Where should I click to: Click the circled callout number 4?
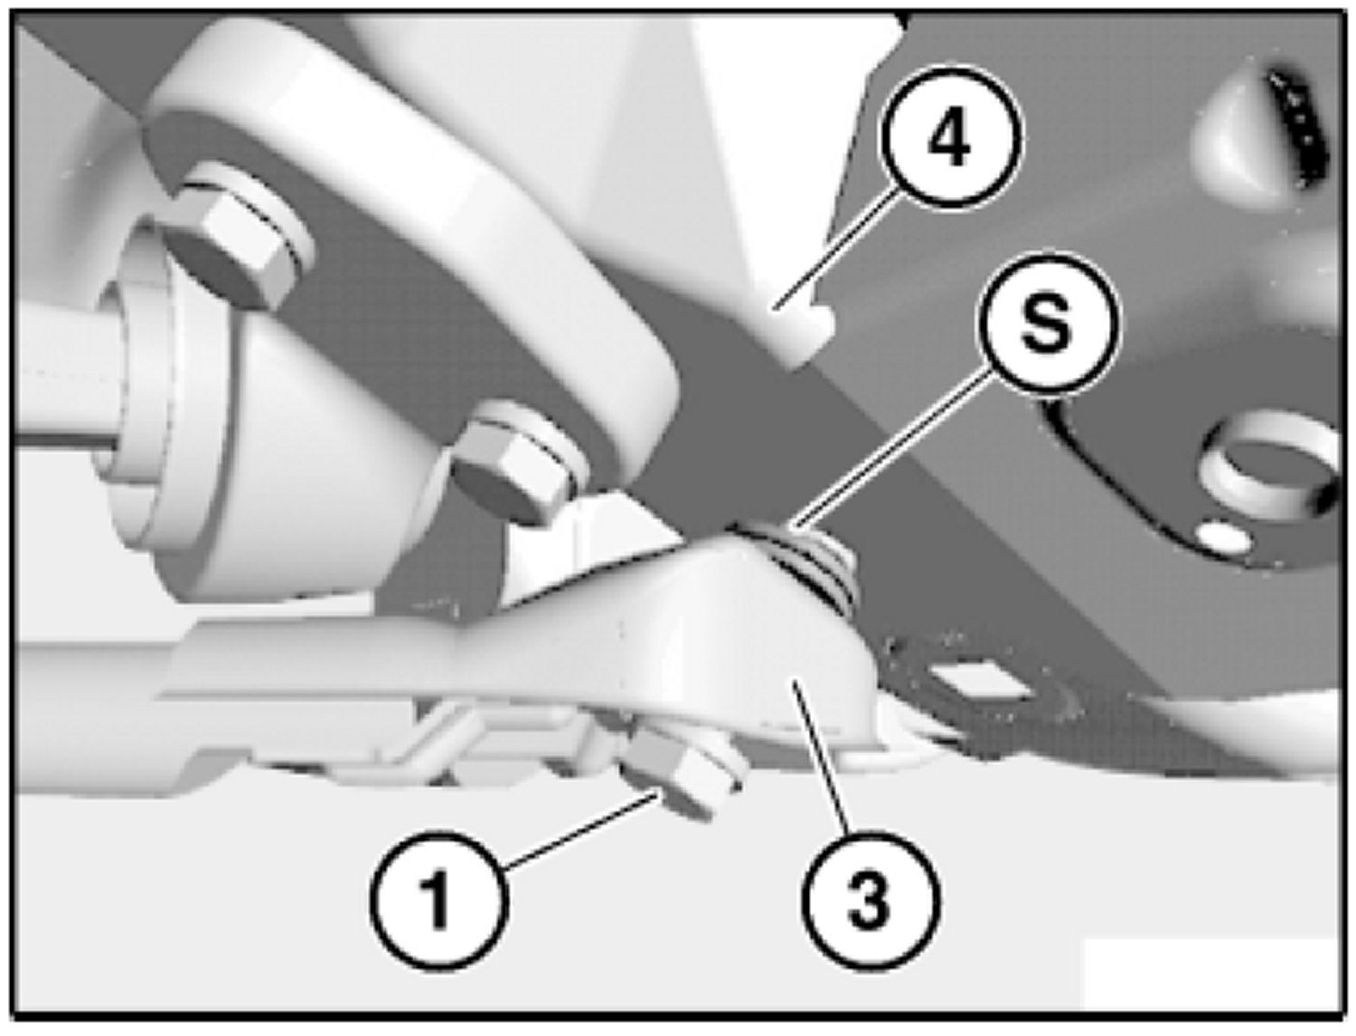pyautogui.click(x=951, y=136)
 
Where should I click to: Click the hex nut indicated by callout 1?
pyautogui.click(x=683, y=776)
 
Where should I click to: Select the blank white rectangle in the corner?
pyautogui.click(x=1210, y=976)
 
